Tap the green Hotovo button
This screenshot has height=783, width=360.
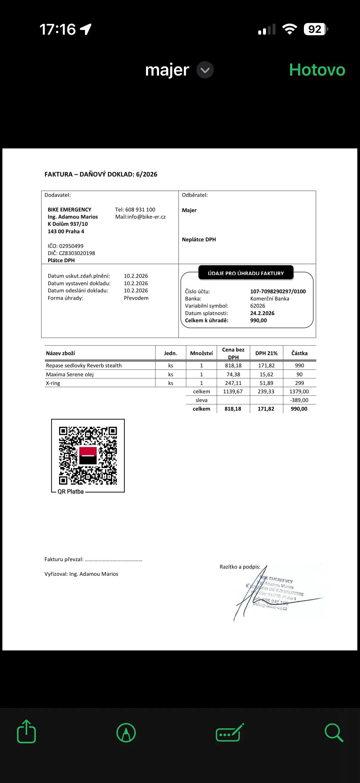[317, 70]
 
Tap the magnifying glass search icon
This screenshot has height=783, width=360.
[333, 732]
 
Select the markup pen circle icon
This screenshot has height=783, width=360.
[126, 732]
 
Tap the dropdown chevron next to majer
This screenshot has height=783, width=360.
[205, 70]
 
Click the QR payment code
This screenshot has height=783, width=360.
[88, 455]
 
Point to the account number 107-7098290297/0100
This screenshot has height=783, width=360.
[278, 291]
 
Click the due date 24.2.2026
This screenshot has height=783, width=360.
[262, 313]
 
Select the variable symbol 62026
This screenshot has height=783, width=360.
[258, 306]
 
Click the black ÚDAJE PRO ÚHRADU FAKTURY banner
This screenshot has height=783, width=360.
[246, 273]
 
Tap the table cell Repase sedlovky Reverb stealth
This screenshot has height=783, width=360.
[84, 365]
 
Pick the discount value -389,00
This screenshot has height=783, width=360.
[299, 400]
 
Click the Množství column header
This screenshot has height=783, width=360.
[201, 353]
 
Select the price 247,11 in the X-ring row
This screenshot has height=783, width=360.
[233, 383]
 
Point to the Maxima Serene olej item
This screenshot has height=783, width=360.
[70, 374]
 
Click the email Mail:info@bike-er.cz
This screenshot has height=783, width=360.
[140, 217]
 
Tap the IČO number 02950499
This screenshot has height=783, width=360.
[71, 246]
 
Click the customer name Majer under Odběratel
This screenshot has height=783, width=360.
[189, 210]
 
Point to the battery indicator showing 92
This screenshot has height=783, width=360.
[315, 29]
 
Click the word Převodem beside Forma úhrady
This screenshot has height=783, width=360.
[136, 298]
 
